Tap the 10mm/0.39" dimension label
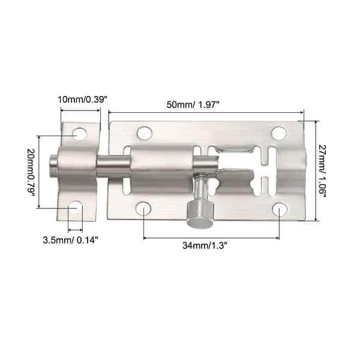(x=83, y=99)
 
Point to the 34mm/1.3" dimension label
(x=212, y=246)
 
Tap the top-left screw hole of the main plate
(x=144, y=133)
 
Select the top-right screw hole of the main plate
(x=278, y=133)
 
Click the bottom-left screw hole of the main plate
(x=143, y=209)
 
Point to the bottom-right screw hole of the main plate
(x=280, y=209)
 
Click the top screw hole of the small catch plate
(x=80, y=134)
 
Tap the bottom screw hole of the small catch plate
(x=75, y=208)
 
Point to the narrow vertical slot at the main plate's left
(x=127, y=171)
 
